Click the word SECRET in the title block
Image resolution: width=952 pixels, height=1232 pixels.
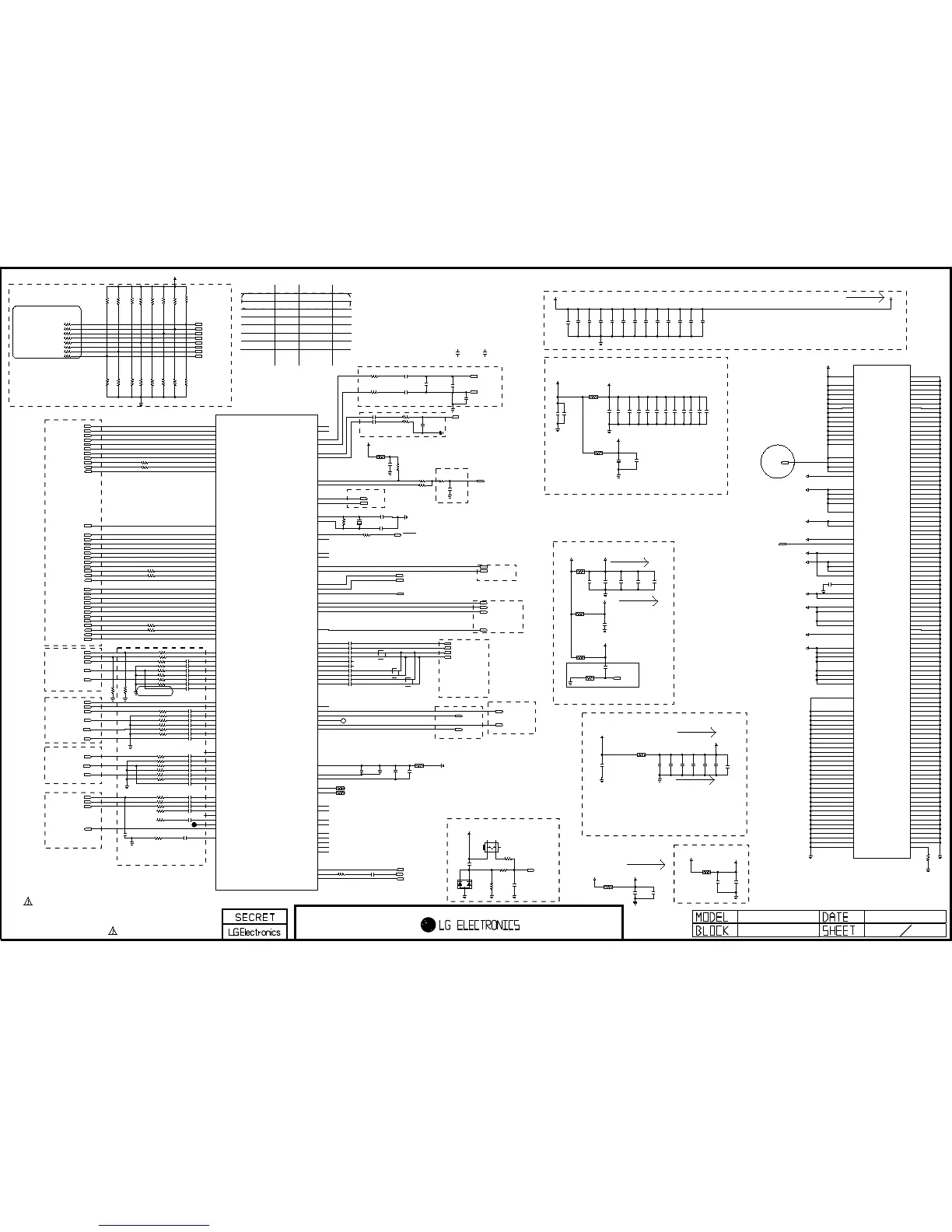(x=254, y=917)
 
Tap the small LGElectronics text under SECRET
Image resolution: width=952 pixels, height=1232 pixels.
(x=254, y=932)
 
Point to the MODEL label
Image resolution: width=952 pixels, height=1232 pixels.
(x=712, y=918)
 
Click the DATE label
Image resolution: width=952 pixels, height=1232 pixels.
(x=835, y=918)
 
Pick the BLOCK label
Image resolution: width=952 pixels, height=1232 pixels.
(x=712, y=931)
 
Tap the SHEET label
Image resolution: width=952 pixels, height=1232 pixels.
(x=839, y=931)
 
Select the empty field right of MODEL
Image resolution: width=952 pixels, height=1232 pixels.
(x=778, y=918)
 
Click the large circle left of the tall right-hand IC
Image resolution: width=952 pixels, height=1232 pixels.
(x=776, y=461)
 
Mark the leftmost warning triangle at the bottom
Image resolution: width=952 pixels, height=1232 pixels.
(x=27, y=901)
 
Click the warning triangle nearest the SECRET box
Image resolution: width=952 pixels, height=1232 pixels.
(x=113, y=931)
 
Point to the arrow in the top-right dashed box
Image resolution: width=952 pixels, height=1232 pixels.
(x=866, y=298)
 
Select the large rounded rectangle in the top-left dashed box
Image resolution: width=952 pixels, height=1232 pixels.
(x=47, y=332)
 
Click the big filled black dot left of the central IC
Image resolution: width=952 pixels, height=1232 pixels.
(x=194, y=824)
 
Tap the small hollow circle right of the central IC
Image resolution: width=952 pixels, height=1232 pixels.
(x=343, y=722)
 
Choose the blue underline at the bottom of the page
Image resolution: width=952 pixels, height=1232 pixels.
(x=155, y=1226)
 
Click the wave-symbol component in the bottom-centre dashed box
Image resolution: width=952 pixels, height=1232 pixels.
(x=491, y=847)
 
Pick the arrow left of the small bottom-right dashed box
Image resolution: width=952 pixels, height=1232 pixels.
(x=646, y=864)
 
